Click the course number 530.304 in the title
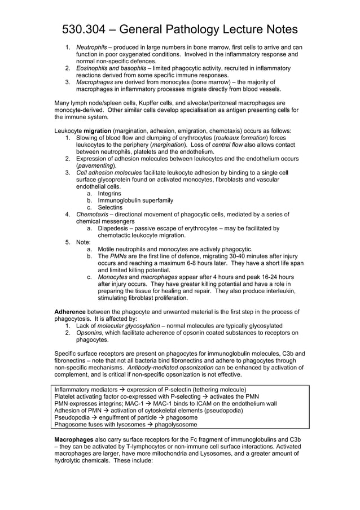[x=86, y=29]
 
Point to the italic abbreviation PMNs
[x=118, y=256]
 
